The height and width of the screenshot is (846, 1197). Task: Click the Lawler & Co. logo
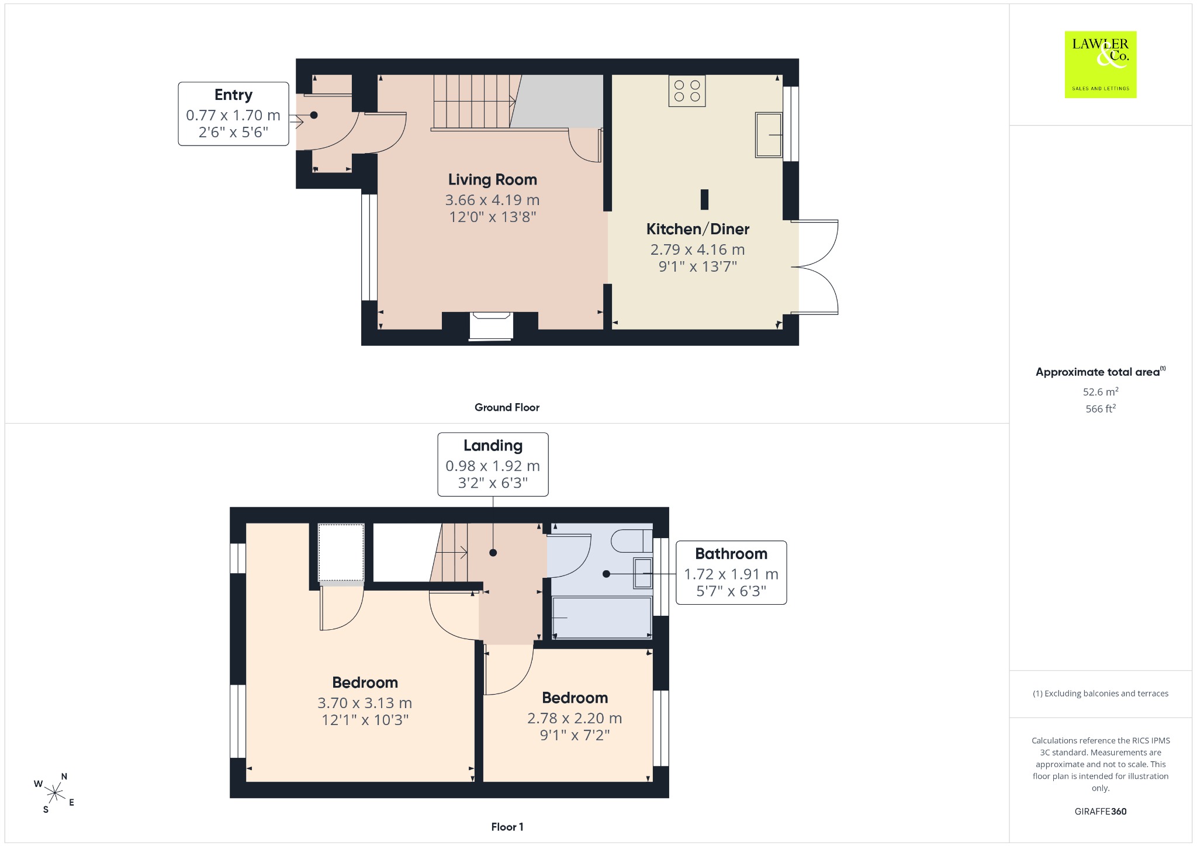(1101, 64)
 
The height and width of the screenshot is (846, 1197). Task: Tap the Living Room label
(493, 179)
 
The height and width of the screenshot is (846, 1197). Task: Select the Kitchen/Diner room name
(698, 229)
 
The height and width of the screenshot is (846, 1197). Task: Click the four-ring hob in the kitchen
(687, 91)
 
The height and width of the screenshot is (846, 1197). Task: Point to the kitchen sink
(769, 135)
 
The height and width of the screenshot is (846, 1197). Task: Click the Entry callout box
(233, 114)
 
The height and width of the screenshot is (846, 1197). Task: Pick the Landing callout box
(493, 464)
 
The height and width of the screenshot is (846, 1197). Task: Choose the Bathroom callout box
(731, 573)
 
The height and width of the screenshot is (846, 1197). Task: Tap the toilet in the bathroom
(632, 540)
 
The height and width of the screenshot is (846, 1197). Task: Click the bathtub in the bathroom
(602, 618)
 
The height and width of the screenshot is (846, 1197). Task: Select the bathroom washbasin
(643, 573)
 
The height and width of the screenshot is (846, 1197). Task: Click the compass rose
(54, 793)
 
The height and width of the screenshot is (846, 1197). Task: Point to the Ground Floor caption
(507, 407)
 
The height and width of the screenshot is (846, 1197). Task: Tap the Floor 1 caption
(507, 827)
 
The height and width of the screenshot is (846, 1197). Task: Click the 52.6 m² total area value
(1101, 391)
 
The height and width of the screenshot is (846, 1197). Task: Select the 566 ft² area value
(1101, 408)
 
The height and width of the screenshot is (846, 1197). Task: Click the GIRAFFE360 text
(1101, 811)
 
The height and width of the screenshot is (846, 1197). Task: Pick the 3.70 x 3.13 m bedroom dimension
(365, 703)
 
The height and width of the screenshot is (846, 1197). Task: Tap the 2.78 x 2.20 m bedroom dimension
(575, 718)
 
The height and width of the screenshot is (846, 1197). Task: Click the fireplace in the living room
(492, 325)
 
